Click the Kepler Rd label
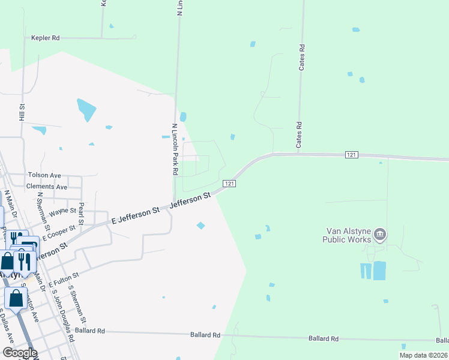pyautogui.click(x=46, y=38)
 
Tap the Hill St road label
pyautogui.click(x=22, y=112)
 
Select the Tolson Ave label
pyautogui.click(x=44, y=175)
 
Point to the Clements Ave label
pyautogui.click(x=47, y=187)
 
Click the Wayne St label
pyautogui.click(x=63, y=211)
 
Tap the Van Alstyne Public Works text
pyautogui.click(x=348, y=235)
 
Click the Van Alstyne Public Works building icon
pyautogui.click(x=379, y=234)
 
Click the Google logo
pyautogui.click(x=19, y=353)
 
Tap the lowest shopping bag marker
pyautogui.click(x=16, y=298)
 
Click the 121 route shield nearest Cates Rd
pyautogui.click(x=352, y=155)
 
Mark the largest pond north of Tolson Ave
pyautogui.click(x=86, y=109)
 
